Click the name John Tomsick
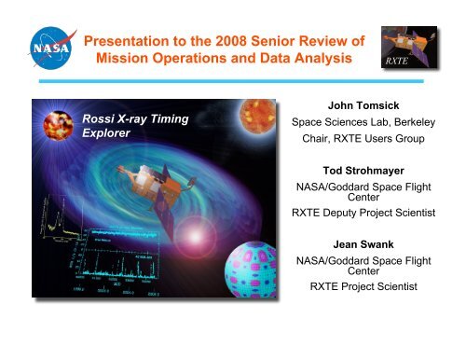coord(377,104)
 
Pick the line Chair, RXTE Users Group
coord(377,141)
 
